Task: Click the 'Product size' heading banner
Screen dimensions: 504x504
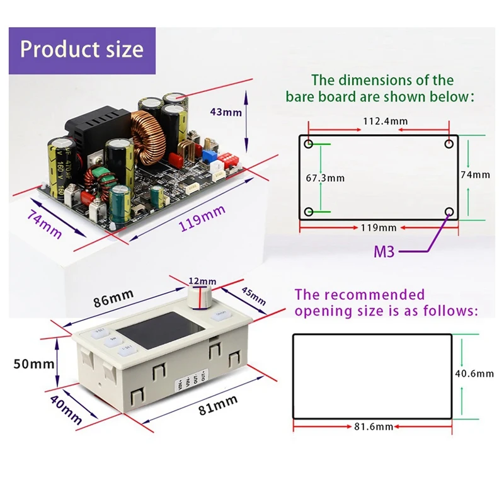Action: pyautogui.click(x=81, y=49)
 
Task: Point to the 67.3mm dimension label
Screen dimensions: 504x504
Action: pyautogui.click(x=326, y=178)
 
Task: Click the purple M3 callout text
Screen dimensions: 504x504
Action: pyautogui.click(x=384, y=252)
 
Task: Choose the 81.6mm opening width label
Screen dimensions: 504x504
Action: pyautogui.click(x=372, y=427)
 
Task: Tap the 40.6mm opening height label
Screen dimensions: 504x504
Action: pyautogui.click(x=476, y=374)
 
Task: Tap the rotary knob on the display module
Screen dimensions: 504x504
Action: pyautogui.click(x=203, y=299)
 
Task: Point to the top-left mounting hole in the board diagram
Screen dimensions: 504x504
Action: pyautogui.click(x=308, y=144)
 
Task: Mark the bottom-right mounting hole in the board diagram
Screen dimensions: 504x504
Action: pyautogui.click(x=449, y=212)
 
